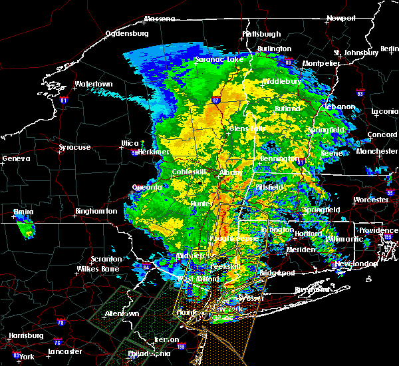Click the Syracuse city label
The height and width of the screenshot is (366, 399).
75,147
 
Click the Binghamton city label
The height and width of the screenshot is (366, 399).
96,211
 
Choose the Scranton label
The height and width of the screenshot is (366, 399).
106,259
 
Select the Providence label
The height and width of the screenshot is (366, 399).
378,230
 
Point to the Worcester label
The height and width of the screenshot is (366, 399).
370,199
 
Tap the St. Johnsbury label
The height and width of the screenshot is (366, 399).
356,52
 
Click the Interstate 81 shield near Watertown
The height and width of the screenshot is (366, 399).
64,100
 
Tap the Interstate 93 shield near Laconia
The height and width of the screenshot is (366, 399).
359,94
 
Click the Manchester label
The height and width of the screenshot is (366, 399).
376,152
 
